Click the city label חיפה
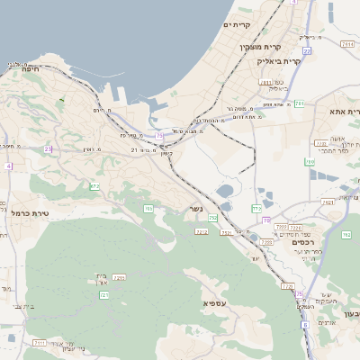click(x=19, y=78)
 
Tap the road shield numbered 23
click(x=48, y=148)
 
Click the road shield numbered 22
click(x=306, y=51)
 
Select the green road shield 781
click(x=298, y=104)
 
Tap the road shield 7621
click(x=328, y=202)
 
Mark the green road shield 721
click(x=104, y=294)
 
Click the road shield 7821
click(x=229, y=232)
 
